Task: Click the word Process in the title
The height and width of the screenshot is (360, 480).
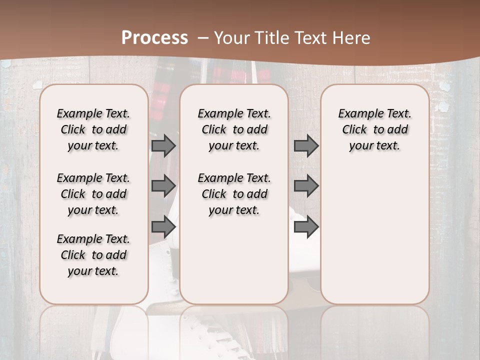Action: pyautogui.click(x=154, y=37)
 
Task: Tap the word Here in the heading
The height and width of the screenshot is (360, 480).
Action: pyautogui.click(x=352, y=37)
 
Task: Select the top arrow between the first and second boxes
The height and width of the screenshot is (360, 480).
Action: pyautogui.click(x=163, y=145)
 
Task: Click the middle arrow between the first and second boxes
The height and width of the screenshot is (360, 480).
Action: pyautogui.click(x=163, y=186)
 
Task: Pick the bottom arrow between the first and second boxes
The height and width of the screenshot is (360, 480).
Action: pyautogui.click(x=163, y=227)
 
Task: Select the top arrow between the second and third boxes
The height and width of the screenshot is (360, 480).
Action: pyautogui.click(x=306, y=145)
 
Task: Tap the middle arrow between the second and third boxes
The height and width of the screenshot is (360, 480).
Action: pyautogui.click(x=306, y=186)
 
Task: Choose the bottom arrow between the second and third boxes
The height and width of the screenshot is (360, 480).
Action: pyautogui.click(x=306, y=227)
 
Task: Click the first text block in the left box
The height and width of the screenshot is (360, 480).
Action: pyautogui.click(x=93, y=129)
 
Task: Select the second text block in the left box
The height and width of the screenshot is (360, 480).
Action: pyautogui.click(x=93, y=194)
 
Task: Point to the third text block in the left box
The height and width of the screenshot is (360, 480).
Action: pyautogui.click(x=93, y=255)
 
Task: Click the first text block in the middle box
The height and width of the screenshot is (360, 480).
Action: pyautogui.click(x=234, y=129)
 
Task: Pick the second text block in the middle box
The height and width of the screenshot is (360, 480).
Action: pyautogui.click(x=234, y=194)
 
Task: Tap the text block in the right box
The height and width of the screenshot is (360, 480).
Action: pyautogui.click(x=375, y=129)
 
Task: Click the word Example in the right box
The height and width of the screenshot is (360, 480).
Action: pyautogui.click(x=359, y=114)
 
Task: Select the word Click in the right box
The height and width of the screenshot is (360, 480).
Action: pyautogui.click(x=354, y=129)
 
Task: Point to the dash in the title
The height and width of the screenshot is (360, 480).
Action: pyautogui.click(x=203, y=37)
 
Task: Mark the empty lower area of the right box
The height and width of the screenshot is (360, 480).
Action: pyautogui.click(x=375, y=235)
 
